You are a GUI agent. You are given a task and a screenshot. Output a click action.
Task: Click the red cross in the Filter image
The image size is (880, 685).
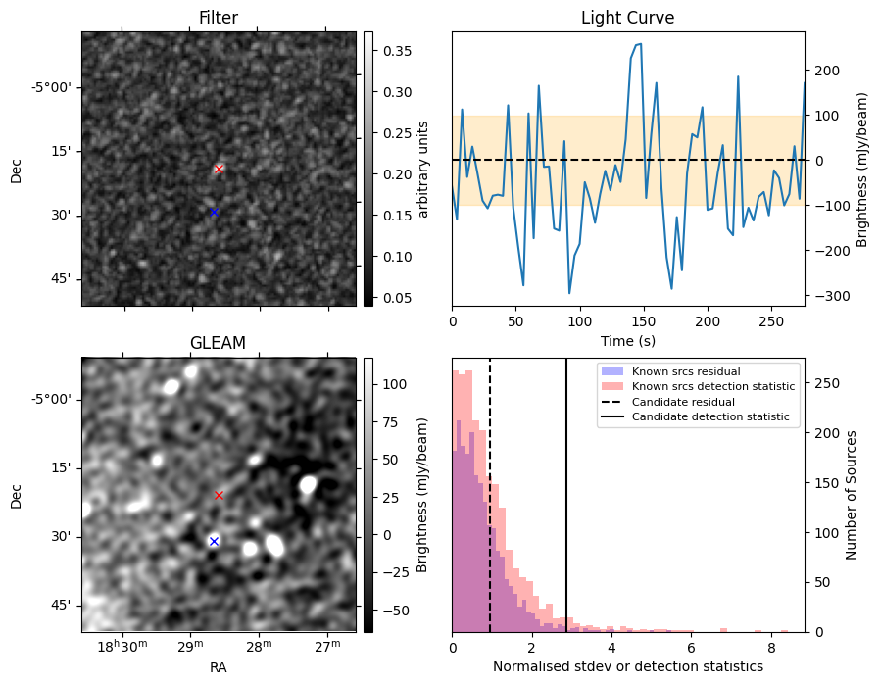click(x=219, y=169)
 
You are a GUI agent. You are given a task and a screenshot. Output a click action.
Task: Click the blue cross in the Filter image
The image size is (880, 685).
click(x=214, y=212)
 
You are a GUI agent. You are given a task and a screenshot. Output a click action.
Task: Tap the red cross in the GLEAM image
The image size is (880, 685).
click(x=219, y=496)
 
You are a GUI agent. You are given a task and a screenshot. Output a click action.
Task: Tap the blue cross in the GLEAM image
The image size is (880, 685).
click(x=214, y=541)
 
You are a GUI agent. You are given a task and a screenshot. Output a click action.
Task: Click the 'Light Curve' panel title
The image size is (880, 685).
click(x=627, y=18)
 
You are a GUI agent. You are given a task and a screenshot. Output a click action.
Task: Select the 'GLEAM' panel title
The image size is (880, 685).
click(x=218, y=343)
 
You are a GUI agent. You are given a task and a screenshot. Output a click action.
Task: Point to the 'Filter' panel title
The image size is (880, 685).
click(x=219, y=18)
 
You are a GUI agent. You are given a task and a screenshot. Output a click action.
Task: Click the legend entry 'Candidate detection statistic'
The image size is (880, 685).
click(x=710, y=416)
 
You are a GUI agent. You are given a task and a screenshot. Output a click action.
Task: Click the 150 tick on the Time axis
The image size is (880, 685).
click(x=644, y=321)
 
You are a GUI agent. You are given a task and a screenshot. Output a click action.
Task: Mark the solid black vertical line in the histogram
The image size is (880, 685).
click(x=566, y=496)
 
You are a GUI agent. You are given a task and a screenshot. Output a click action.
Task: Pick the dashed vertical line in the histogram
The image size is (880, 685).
click(x=490, y=496)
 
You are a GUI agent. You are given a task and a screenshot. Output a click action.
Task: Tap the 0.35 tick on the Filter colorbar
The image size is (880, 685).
click(x=397, y=51)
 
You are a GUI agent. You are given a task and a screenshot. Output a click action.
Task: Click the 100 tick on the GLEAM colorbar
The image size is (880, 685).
click(x=395, y=384)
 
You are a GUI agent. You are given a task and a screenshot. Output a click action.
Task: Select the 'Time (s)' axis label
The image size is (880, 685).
click(x=628, y=341)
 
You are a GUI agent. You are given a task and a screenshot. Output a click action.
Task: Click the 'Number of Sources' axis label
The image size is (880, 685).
click(x=851, y=496)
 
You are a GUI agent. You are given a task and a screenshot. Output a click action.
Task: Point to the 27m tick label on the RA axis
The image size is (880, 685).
click(x=327, y=647)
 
